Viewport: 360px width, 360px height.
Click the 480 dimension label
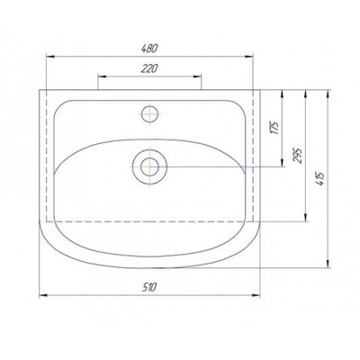149,49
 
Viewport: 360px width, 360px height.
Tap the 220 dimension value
149,68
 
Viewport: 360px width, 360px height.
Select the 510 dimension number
149,287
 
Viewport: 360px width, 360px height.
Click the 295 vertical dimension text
297,155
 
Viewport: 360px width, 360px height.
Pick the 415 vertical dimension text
320,178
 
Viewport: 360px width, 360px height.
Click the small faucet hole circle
149,114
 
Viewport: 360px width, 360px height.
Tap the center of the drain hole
149,166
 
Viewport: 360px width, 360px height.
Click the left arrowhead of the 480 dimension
50,56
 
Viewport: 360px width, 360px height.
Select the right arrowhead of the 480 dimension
249,56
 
